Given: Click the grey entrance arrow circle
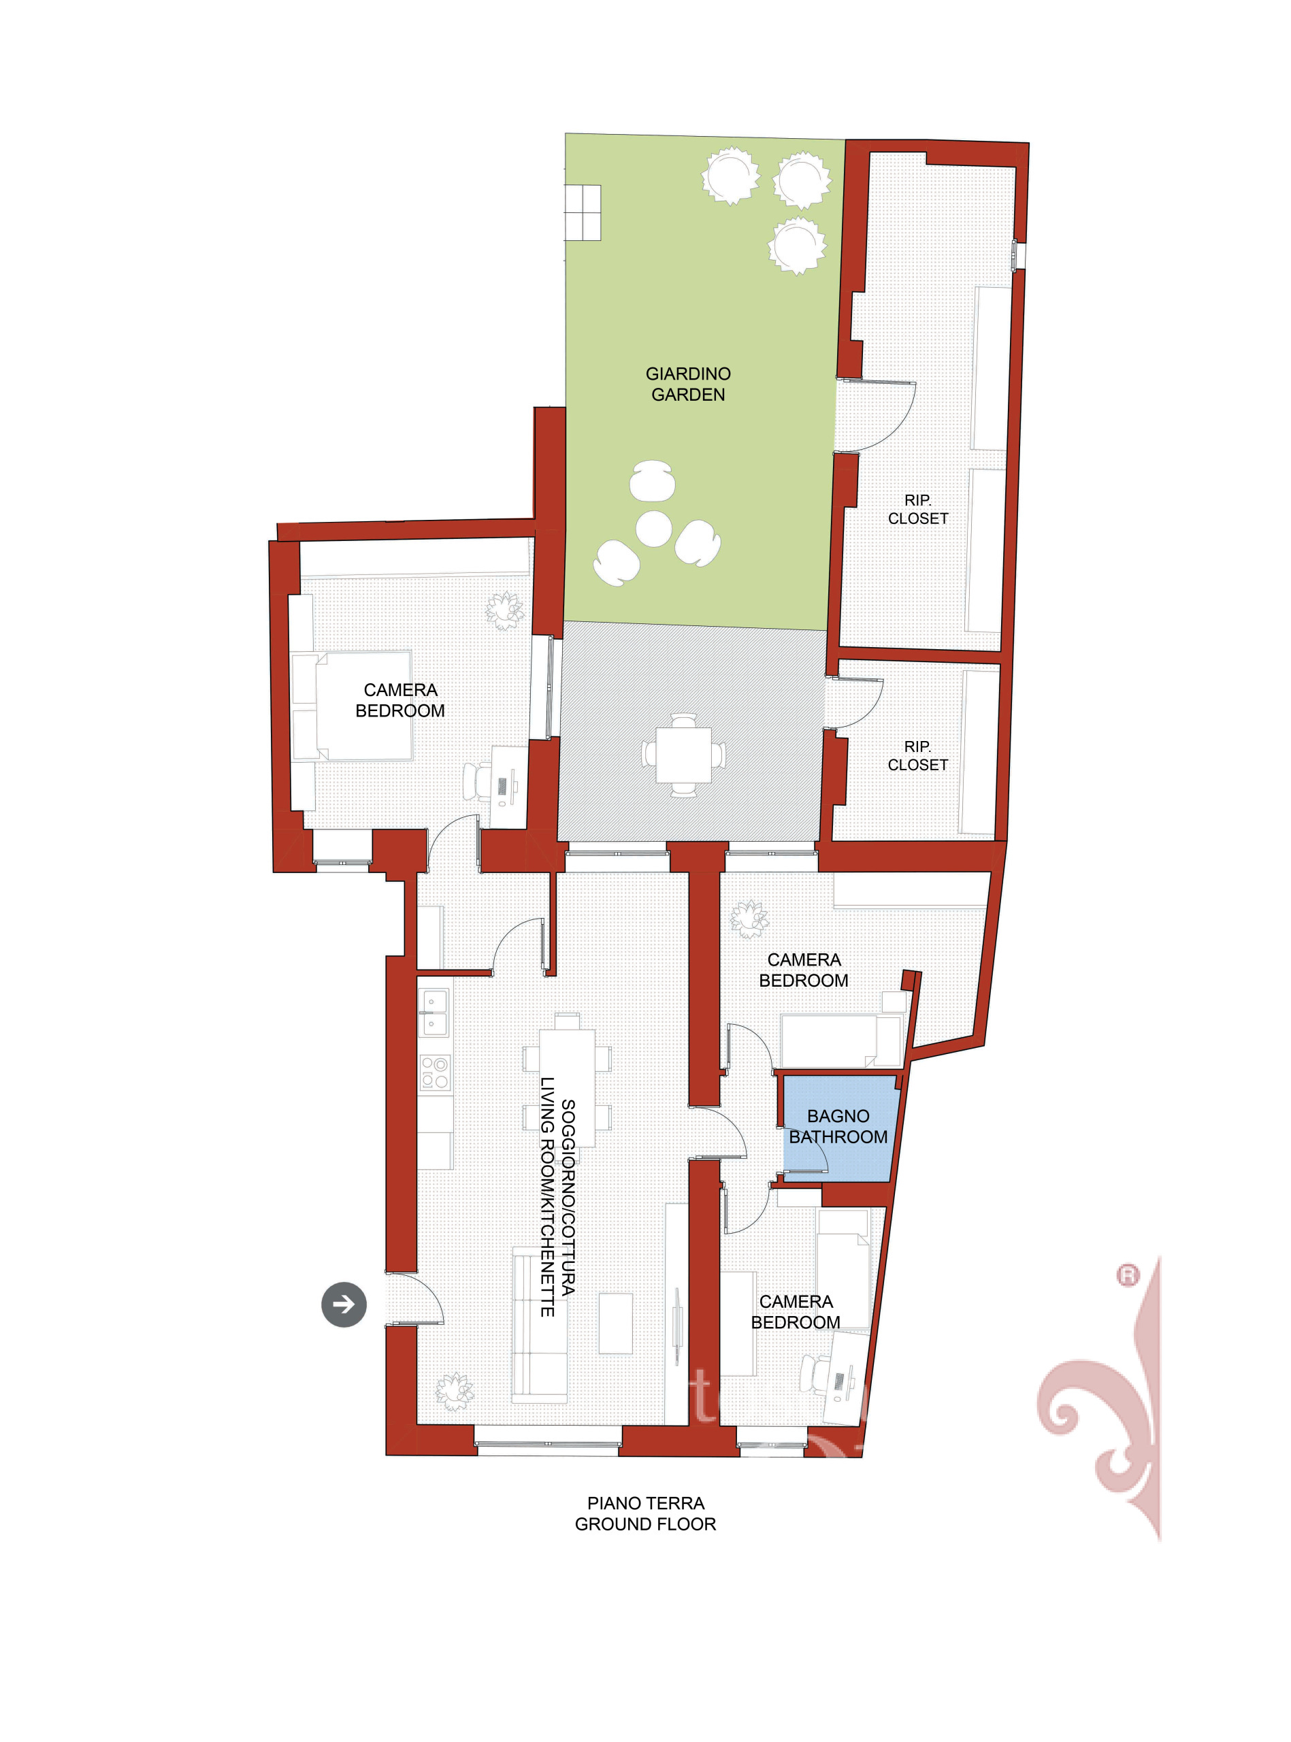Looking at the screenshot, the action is [344, 1304].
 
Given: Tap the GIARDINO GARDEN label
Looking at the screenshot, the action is [688, 384].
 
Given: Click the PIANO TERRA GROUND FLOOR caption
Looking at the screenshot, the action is [645, 1513].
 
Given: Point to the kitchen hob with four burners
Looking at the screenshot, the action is [434, 1072].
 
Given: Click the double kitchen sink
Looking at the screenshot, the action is [434, 1013].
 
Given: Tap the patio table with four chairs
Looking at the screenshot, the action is [684, 755].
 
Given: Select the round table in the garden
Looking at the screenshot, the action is [653, 529].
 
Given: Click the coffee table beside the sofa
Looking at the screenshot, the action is [616, 1324].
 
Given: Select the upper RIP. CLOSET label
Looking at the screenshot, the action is [918, 508].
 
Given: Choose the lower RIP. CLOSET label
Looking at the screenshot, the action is [918, 755].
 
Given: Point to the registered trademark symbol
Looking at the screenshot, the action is [1128, 1276].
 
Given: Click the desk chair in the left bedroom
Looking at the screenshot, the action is [478, 781].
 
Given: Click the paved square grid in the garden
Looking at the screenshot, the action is [583, 212].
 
